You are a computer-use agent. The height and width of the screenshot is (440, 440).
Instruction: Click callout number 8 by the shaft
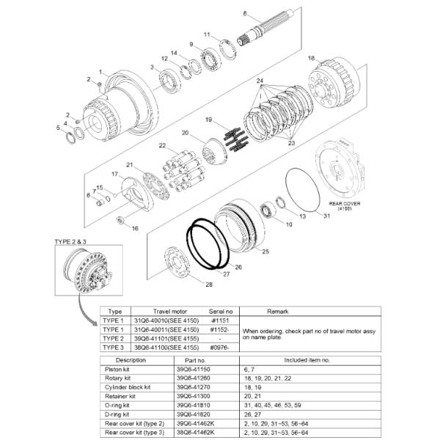click(x=246, y=13)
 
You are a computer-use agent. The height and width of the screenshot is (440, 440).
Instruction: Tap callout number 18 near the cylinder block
click(x=311, y=58)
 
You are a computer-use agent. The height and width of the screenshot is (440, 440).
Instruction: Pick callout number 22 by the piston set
click(x=162, y=147)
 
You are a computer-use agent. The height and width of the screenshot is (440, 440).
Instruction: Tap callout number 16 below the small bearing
click(x=135, y=228)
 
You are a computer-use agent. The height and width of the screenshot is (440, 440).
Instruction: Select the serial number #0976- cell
click(x=220, y=347)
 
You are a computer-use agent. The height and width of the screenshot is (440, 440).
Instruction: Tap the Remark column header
click(x=308, y=311)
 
